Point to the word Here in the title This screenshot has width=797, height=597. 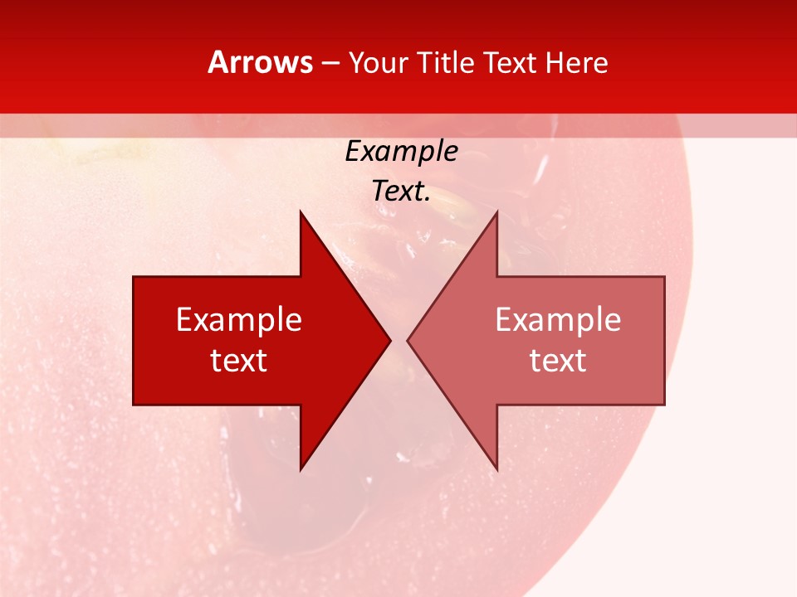pos(576,63)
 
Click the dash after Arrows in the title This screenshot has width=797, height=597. pos(330,64)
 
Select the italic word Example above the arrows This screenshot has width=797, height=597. pos(401,152)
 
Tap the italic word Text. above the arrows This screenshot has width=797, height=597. pos(401,191)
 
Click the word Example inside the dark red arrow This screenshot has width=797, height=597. pos(238,320)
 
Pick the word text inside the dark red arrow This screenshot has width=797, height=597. pos(238,361)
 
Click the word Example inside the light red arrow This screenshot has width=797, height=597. pos(558,320)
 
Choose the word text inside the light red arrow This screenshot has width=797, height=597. pos(558,361)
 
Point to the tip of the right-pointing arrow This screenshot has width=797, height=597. pos(390,340)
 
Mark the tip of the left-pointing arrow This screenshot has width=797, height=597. pos(408,340)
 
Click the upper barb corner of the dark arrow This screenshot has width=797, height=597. pos(301,211)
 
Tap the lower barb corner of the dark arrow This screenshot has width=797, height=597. pos(301,470)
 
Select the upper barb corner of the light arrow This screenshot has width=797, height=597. pos(496,211)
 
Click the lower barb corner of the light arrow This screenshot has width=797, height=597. pos(496,470)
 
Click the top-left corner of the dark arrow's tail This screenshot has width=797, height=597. pos(134,277)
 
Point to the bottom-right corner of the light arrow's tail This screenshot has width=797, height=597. pos(664,405)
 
